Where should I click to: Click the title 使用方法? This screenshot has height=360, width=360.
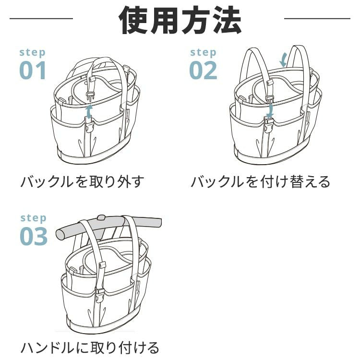(180, 20)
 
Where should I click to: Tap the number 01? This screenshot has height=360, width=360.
(33, 70)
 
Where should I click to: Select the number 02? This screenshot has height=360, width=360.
(203, 70)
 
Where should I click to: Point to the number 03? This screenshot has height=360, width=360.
(34, 236)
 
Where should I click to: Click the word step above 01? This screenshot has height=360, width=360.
(32, 52)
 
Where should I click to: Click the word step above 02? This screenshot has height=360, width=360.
(203, 52)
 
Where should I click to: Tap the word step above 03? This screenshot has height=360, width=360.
(33, 218)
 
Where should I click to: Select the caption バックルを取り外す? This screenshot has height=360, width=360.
(82, 182)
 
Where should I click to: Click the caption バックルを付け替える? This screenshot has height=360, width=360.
(261, 182)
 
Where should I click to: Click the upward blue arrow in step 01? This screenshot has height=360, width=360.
(88, 112)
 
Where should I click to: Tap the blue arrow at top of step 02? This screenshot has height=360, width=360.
(284, 60)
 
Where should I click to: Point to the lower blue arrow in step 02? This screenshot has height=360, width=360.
(270, 110)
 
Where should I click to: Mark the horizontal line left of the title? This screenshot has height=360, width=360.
(41, 19)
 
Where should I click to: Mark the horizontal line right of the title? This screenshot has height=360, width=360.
(317, 19)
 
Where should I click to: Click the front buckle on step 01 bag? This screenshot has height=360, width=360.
(89, 127)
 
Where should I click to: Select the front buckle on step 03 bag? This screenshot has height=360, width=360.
(99, 294)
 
